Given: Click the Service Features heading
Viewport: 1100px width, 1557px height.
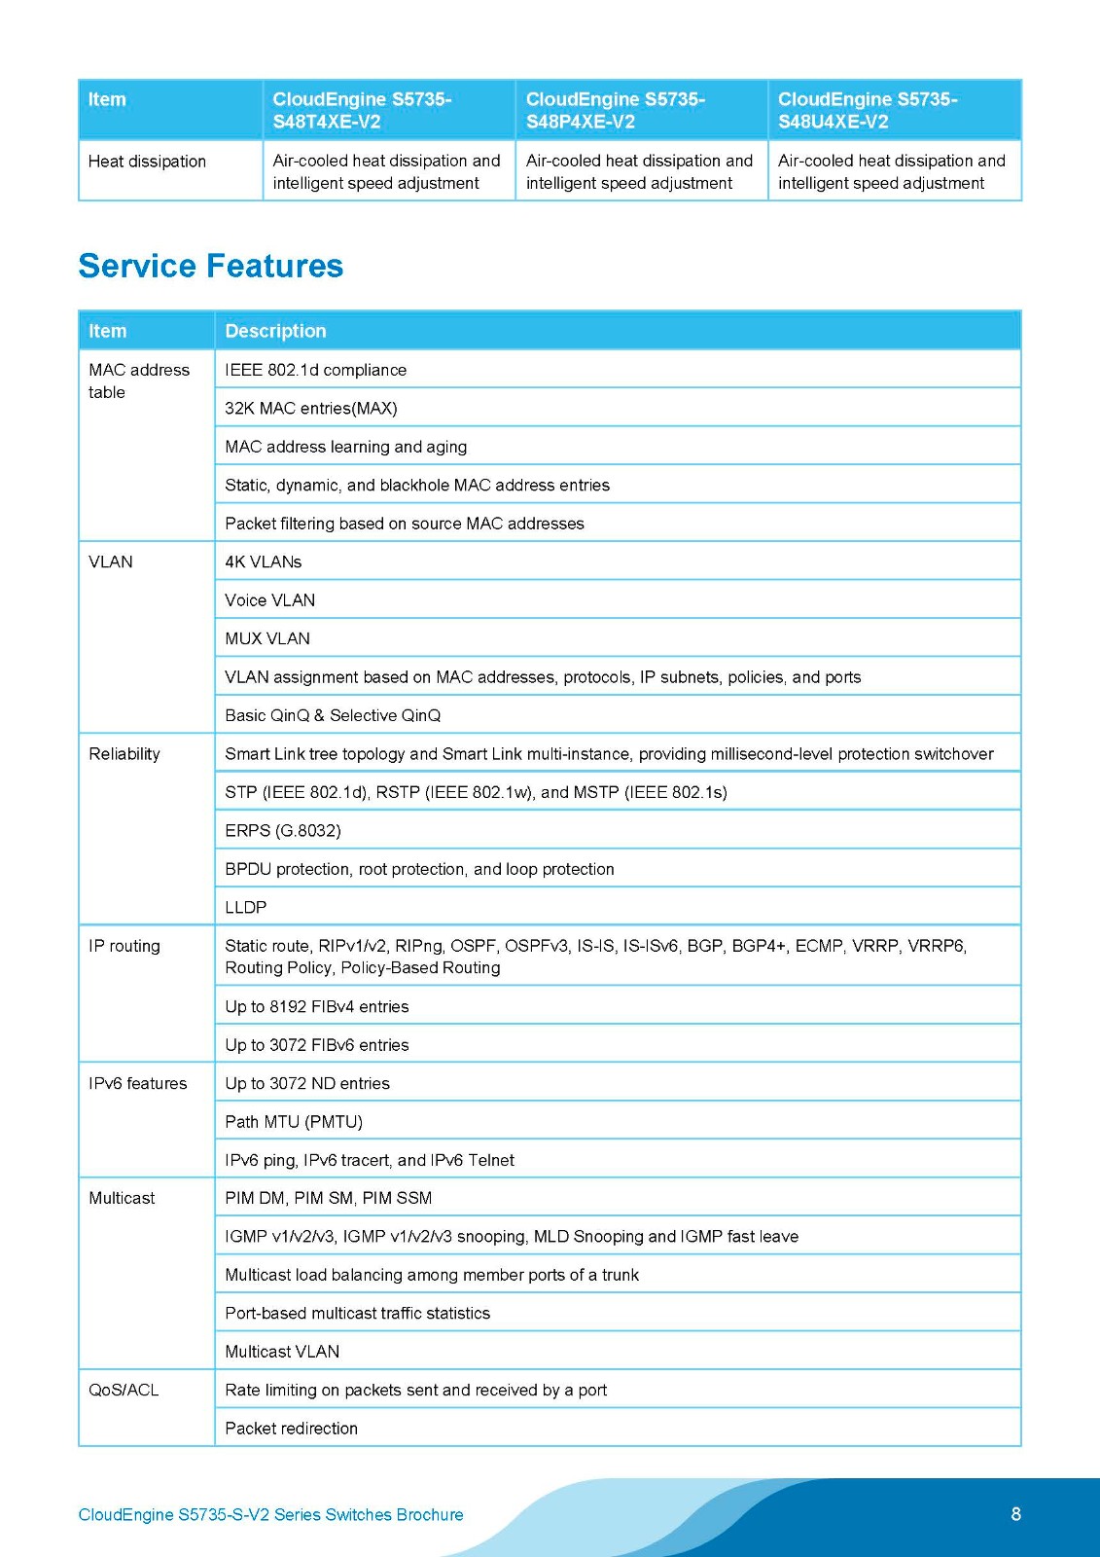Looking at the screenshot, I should (x=210, y=266).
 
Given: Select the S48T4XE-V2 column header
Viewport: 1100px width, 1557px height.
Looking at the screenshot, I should (x=362, y=110).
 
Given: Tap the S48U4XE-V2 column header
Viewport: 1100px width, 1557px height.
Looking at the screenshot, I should (x=868, y=110).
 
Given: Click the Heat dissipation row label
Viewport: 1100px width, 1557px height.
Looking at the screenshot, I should (x=147, y=162).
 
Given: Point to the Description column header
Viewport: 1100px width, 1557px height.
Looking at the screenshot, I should (x=275, y=331).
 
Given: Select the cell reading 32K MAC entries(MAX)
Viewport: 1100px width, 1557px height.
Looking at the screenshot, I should (x=311, y=409).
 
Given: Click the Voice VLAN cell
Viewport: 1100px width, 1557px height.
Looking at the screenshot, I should (x=270, y=600).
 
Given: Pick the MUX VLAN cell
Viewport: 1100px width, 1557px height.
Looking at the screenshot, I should (x=267, y=638).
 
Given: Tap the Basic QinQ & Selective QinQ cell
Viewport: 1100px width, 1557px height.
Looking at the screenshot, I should (x=333, y=715).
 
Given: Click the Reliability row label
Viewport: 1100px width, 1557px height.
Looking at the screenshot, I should (x=124, y=754).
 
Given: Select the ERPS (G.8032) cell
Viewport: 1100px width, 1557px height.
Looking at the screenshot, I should (x=283, y=831).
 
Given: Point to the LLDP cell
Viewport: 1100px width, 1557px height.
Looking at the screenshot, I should (x=246, y=907).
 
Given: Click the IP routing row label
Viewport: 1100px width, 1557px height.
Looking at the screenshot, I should (x=124, y=946).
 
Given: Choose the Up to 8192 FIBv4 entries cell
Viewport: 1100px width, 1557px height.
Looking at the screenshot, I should (x=317, y=1007).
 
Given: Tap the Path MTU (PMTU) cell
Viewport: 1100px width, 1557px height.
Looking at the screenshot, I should (x=294, y=1122).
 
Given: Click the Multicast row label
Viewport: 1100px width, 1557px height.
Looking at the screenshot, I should (x=122, y=1198).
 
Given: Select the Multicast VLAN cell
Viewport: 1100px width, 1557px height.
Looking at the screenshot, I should (x=282, y=1352).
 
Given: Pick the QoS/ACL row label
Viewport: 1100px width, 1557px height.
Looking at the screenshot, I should (x=124, y=1390).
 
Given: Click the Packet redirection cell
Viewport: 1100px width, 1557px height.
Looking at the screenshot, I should (x=292, y=1429).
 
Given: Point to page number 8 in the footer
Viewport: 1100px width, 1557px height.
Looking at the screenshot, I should (x=1016, y=1514).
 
